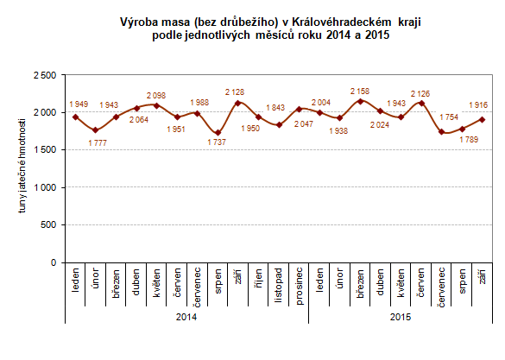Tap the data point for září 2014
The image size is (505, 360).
click(237, 103)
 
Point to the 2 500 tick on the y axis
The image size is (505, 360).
click(46, 75)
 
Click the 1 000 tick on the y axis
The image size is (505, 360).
click(46, 187)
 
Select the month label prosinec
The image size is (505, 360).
click(300, 285)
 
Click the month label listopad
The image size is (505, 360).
click(279, 286)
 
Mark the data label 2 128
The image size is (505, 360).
click(236, 92)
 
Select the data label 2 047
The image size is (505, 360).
click(299, 123)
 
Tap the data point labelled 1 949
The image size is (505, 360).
click(76, 117)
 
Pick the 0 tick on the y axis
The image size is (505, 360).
click(53, 262)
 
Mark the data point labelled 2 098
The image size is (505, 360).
click(156, 105)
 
